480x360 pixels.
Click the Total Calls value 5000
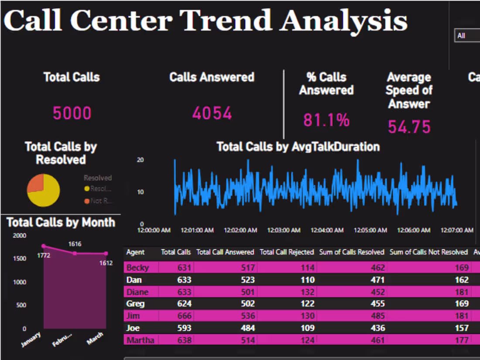[x=72, y=113]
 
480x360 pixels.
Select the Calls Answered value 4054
[x=212, y=113]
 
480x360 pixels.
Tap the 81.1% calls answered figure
[x=326, y=120]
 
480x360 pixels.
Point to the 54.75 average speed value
[x=409, y=127]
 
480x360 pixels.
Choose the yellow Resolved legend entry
[x=98, y=189]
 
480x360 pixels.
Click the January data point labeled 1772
[x=44, y=246]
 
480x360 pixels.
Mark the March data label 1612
[x=106, y=263]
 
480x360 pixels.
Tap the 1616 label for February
[x=75, y=244]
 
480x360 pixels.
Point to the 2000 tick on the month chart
[x=20, y=236]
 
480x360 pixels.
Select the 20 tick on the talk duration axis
[x=140, y=160]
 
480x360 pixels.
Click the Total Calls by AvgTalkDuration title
[x=298, y=147]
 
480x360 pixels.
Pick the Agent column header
[x=135, y=252]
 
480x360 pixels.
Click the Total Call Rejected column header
[x=287, y=252]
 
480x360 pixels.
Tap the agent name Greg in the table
[x=135, y=303]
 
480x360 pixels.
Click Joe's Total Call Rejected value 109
[x=305, y=328]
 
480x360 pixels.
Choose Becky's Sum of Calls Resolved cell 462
[x=375, y=267]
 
